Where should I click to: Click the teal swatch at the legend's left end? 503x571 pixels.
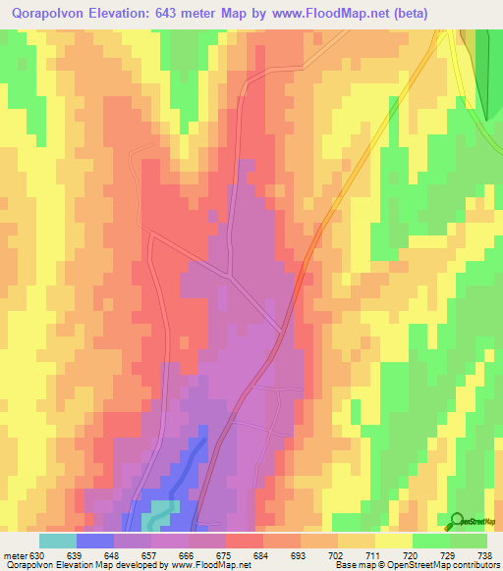tap(58, 541)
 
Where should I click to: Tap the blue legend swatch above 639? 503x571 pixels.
tap(95, 541)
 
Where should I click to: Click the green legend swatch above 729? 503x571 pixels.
tap(468, 541)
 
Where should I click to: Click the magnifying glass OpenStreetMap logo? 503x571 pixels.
tap(457, 521)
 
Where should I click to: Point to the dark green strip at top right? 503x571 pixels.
tap(482, 69)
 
